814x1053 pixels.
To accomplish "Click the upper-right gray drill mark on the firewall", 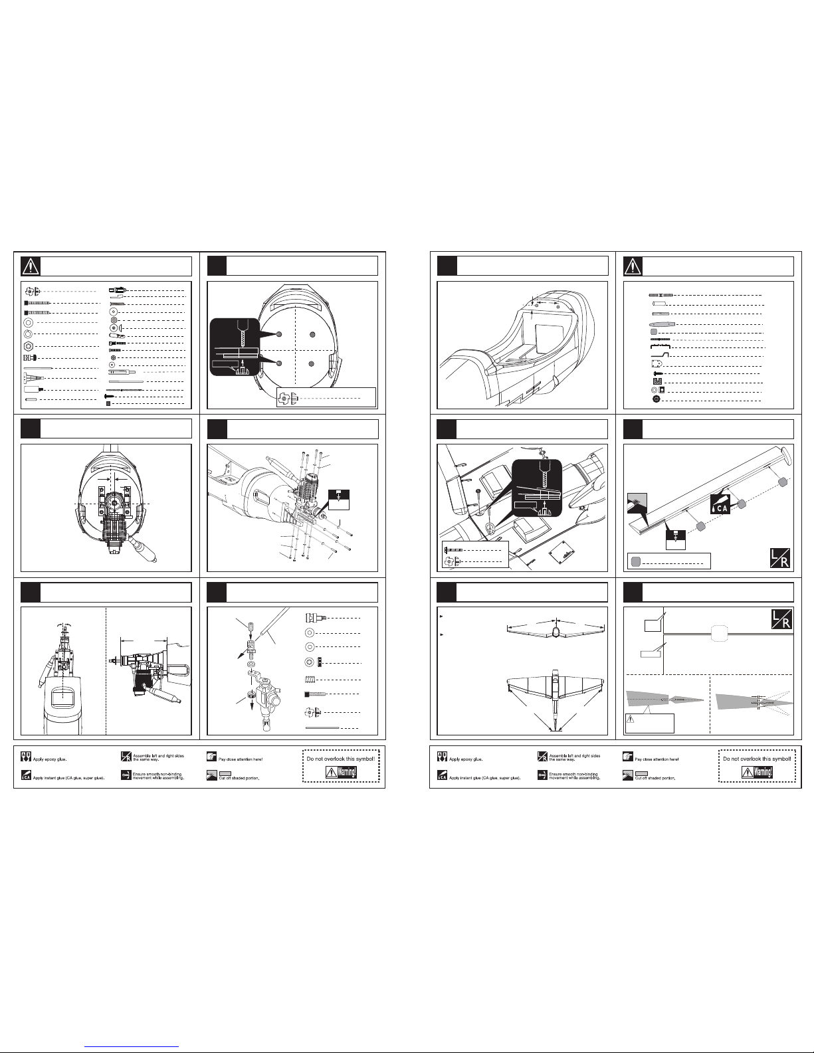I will (x=311, y=334).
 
